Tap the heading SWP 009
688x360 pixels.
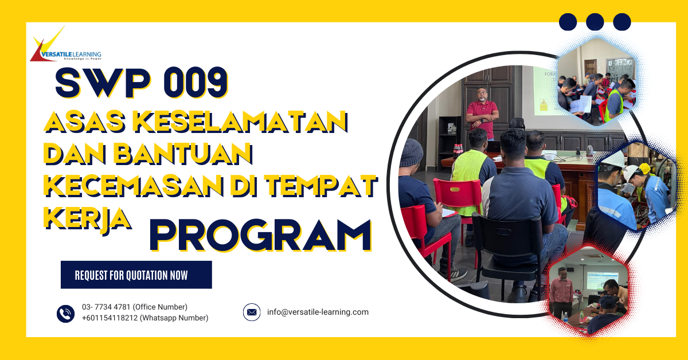(x=141, y=83)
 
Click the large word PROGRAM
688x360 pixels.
(x=260, y=236)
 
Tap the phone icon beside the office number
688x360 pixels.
(x=66, y=313)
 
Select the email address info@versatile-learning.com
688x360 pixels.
(x=318, y=312)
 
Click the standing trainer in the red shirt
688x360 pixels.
(x=480, y=112)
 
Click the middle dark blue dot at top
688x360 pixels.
(x=595, y=22)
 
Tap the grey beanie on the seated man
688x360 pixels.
(x=411, y=152)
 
